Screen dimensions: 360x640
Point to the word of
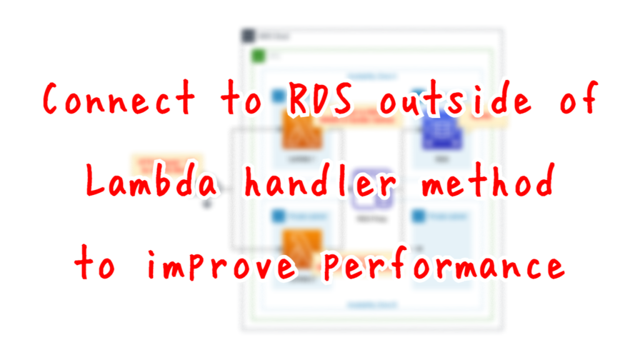tap(577, 100)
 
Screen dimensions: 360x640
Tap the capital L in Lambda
tap(94, 182)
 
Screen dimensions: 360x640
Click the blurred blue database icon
tap(441, 132)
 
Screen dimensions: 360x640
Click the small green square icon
tap(257, 56)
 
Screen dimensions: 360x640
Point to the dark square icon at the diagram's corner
tap(248, 36)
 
